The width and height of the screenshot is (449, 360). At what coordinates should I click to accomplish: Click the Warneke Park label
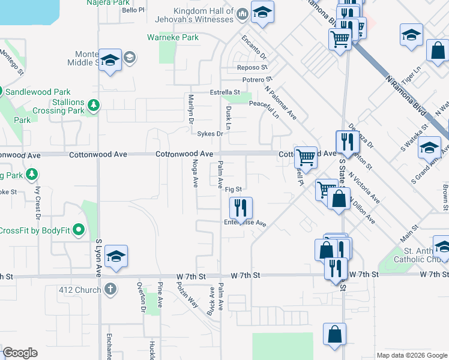173,37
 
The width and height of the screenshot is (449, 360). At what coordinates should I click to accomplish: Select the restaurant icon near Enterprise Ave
241,208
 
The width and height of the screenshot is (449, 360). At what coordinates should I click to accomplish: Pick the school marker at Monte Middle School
110,59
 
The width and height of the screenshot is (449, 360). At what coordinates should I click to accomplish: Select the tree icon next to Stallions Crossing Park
94,106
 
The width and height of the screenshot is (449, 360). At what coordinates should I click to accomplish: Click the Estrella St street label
224,92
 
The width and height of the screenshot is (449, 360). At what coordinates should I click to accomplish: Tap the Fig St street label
234,189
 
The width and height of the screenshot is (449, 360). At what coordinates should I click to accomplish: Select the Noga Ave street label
194,173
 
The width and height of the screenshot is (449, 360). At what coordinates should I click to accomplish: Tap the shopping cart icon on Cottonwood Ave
306,157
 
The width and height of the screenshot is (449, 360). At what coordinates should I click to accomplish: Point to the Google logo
20,353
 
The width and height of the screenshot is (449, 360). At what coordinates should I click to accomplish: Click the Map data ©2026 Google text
412,355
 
